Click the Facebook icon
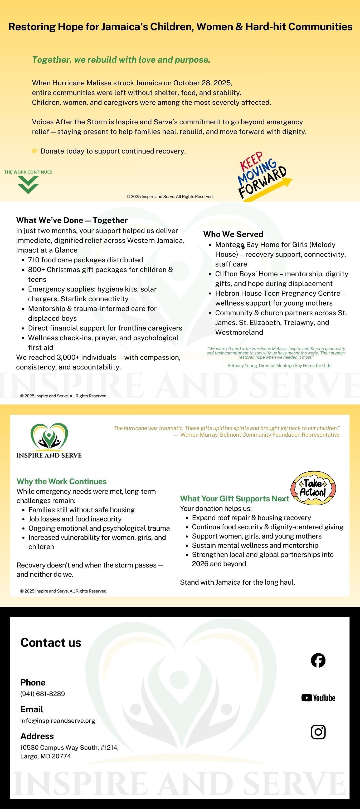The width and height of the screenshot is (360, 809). click(x=318, y=660)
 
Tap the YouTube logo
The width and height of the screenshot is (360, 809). click(x=318, y=698)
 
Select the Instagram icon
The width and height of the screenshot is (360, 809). click(x=318, y=732)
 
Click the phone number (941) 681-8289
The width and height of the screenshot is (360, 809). click(x=42, y=694)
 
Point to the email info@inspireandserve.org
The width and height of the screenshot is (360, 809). click(x=57, y=721)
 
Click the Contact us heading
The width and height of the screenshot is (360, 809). click(x=51, y=643)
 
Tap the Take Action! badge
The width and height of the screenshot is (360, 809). click(x=313, y=488)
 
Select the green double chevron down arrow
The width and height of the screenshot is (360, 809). click(x=28, y=184)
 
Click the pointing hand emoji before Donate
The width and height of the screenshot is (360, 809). click(x=36, y=151)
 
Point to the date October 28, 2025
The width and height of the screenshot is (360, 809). click(x=202, y=83)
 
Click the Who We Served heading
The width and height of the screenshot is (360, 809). click(x=233, y=234)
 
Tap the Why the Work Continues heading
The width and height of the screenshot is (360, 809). click(x=62, y=481)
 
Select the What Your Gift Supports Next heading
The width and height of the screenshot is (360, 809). click(x=234, y=499)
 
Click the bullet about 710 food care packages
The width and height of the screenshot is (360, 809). click(x=85, y=260)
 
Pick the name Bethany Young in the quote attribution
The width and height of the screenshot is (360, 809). click(x=239, y=366)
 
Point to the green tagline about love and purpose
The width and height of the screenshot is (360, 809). click(x=121, y=60)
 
